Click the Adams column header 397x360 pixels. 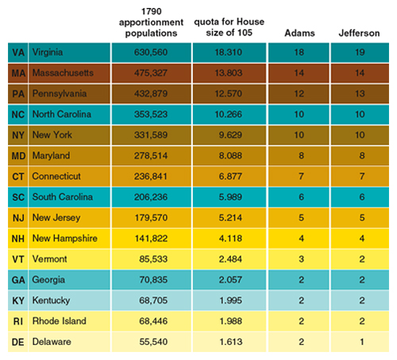click(299, 33)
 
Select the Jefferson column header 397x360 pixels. click(359, 33)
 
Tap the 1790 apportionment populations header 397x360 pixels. click(151, 22)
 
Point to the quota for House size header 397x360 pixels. click(229, 27)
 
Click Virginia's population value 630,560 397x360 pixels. click(151, 52)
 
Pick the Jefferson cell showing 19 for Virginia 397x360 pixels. click(360, 52)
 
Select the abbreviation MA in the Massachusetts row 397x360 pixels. click(18, 73)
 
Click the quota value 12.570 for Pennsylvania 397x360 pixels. click(229, 94)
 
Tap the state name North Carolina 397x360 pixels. click(62, 114)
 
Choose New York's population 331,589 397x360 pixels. click(151, 135)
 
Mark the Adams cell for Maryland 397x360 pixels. click(301, 156)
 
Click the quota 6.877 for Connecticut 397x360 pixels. click(230, 176)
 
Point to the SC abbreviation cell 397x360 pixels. click(18, 197)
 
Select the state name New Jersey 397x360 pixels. click(56, 218)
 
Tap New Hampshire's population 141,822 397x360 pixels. click(151, 238)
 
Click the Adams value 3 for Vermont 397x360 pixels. click(301, 259)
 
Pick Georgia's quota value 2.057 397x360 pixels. click(230, 280)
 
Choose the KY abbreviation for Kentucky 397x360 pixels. click(18, 300)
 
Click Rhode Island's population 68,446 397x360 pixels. click(153, 321)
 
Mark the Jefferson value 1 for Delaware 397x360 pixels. click(362, 342)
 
